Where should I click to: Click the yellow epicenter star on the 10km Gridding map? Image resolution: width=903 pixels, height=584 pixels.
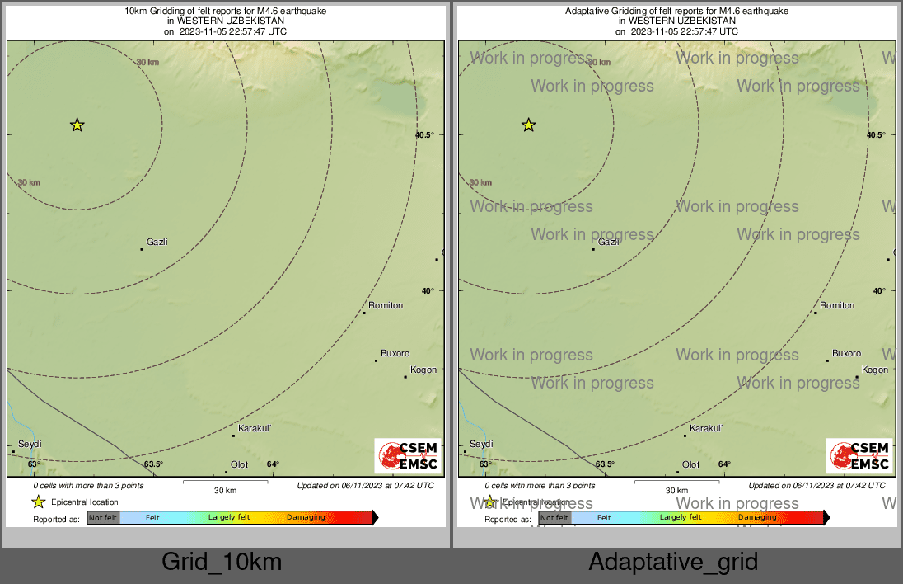(77, 125)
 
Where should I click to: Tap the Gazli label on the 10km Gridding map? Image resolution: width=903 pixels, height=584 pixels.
(157, 242)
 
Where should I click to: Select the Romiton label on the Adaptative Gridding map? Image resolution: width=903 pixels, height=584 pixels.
(837, 305)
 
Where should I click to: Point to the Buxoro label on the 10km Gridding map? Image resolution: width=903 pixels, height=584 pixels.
(395, 353)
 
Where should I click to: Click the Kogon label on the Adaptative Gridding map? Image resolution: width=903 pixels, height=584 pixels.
(875, 370)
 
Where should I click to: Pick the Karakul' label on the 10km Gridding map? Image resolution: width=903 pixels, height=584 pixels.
(255, 428)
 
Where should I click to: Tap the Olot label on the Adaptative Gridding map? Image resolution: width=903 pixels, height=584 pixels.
(690, 464)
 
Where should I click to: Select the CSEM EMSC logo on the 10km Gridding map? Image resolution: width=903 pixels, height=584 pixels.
(408, 456)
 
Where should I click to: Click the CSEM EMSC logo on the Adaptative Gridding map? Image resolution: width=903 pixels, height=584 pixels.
(859, 456)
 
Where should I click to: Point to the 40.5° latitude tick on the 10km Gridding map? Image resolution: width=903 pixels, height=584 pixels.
(424, 134)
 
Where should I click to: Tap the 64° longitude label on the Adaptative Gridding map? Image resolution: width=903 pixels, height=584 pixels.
(724, 464)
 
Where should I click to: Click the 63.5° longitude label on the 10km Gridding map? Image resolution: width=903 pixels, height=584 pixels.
(153, 464)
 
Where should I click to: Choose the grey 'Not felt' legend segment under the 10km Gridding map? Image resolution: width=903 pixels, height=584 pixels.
(103, 518)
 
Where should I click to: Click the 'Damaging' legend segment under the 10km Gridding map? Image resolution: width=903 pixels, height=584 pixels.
(306, 518)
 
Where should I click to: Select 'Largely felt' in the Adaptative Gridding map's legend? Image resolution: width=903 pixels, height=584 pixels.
(681, 518)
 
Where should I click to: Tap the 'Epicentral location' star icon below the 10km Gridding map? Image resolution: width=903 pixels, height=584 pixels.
(38, 502)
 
